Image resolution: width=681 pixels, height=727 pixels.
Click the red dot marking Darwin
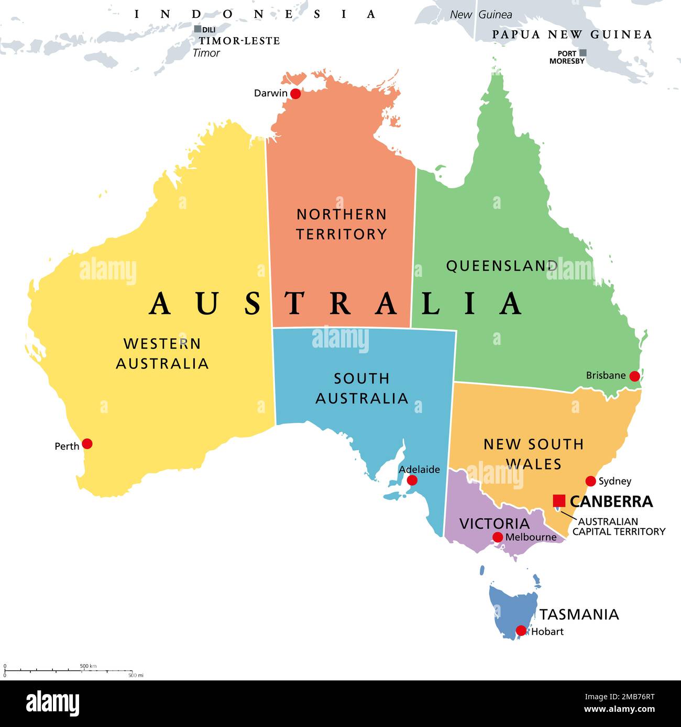pyautogui.click(x=295, y=94)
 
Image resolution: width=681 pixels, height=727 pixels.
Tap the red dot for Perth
pyautogui.click(x=87, y=444)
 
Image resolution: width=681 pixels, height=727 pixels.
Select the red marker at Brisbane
pyautogui.click(x=634, y=376)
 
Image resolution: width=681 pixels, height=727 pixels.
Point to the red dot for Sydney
pyautogui.click(x=591, y=481)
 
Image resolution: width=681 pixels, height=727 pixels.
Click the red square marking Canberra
pyautogui.click(x=559, y=501)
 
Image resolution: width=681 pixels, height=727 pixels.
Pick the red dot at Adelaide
pyautogui.click(x=412, y=480)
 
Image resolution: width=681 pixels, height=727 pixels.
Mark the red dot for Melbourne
pyautogui.click(x=498, y=537)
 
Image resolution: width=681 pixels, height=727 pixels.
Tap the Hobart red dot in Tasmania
pyautogui.click(x=521, y=631)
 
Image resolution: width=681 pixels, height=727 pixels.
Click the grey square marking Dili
pyautogui.click(x=197, y=29)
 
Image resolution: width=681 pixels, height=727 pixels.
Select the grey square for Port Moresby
pyautogui.click(x=583, y=53)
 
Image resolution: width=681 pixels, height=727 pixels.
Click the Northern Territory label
pyautogui.click(x=342, y=224)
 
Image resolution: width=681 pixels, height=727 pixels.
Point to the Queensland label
pyautogui.click(x=502, y=266)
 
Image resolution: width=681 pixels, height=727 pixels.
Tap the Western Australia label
pyautogui.click(x=162, y=353)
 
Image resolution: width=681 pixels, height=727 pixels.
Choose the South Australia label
pyautogui.click(x=361, y=388)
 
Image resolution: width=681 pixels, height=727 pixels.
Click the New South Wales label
pyautogui.click(x=533, y=454)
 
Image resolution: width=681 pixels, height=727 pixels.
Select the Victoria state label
pyautogui.click(x=495, y=523)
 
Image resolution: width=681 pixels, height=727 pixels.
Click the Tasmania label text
pyautogui.click(x=579, y=614)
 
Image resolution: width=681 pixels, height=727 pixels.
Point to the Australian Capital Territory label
pyautogui.click(x=618, y=527)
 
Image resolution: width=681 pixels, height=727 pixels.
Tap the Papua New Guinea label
pyautogui.click(x=572, y=35)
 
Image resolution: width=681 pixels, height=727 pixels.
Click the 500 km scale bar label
pyautogui.click(x=88, y=666)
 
